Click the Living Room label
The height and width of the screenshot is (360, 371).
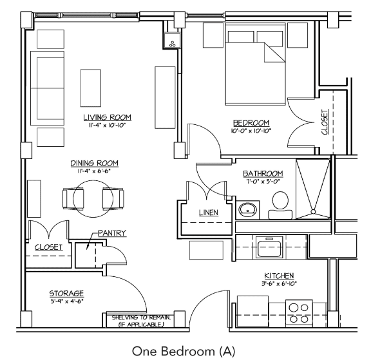(107, 117)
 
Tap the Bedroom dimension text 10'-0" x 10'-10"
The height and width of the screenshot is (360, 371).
(251, 131)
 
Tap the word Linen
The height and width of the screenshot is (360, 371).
(207, 212)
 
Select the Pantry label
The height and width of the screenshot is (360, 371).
(111, 232)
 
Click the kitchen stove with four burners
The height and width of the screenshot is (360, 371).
(298, 312)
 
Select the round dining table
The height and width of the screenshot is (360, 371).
(95, 198)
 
